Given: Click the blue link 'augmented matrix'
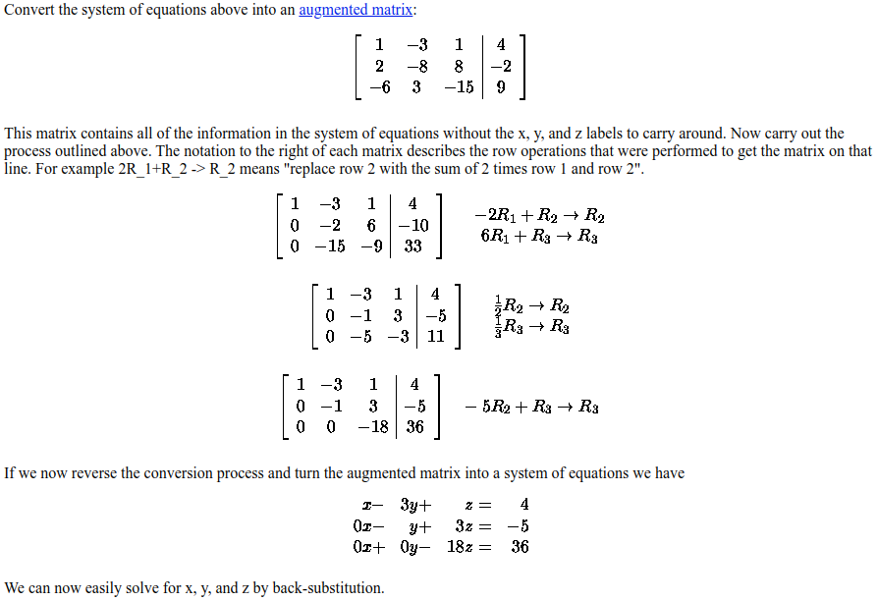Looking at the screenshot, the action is click(356, 10).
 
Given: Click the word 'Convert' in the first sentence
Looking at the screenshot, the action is click(30, 10).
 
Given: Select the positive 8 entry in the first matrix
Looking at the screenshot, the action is click(459, 66).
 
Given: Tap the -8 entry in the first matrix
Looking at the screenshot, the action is click(416, 66).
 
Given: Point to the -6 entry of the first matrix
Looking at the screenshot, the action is click(379, 86).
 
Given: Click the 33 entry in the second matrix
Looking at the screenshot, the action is click(412, 246).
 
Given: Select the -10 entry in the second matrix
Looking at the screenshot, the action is click(412, 225).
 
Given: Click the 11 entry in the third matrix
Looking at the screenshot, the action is click(436, 336).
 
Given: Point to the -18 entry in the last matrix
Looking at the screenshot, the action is click(372, 426).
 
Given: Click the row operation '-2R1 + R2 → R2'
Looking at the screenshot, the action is click(539, 216).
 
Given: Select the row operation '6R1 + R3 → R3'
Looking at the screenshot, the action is click(539, 236).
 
